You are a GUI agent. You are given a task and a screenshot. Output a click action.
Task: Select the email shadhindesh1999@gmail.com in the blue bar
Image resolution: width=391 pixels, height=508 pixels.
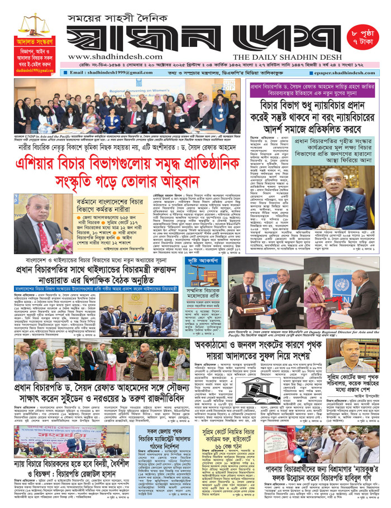(106, 73)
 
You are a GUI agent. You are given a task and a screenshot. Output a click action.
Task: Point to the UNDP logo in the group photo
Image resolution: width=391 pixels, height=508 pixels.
(226, 86)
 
